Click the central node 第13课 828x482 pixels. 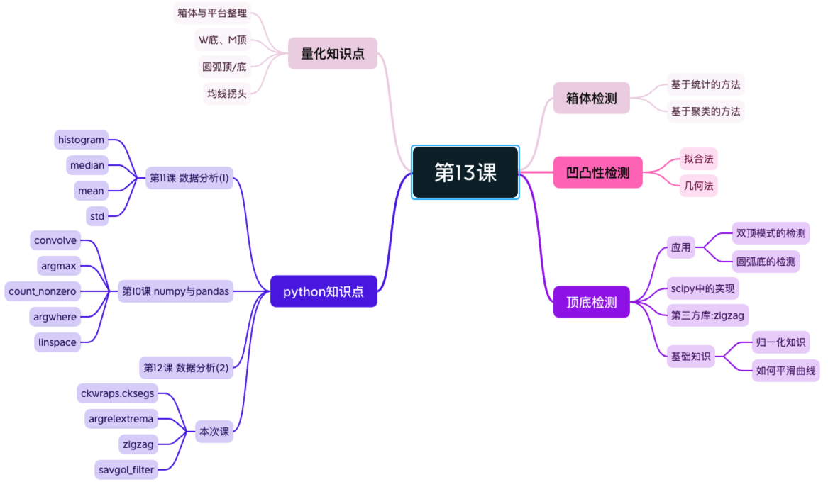tap(465, 172)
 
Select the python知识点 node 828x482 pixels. tap(324, 291)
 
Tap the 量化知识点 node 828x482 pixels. tap(332, 53)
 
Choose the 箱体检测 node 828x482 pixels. tap(591, 98)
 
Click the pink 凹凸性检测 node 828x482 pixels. tap(597, 172)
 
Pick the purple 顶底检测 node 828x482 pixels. tap(591, 302)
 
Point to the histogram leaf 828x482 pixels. tap(81, 140)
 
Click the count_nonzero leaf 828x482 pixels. tap(42, 291)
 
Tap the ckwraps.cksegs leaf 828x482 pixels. tap(117, 393)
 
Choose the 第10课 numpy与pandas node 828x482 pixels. tap(175, 291)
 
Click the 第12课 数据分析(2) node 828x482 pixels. tap(186, 367)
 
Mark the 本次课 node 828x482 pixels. tap(214, 431)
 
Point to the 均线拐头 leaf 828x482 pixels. tap(227, 93)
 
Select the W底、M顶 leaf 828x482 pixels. tap(222, 40)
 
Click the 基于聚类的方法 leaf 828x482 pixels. tap(705, 111)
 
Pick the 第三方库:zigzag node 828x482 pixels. tap(707, 315)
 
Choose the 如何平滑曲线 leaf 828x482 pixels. tap(785, 370)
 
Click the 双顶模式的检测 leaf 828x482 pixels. tap(771, 233)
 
